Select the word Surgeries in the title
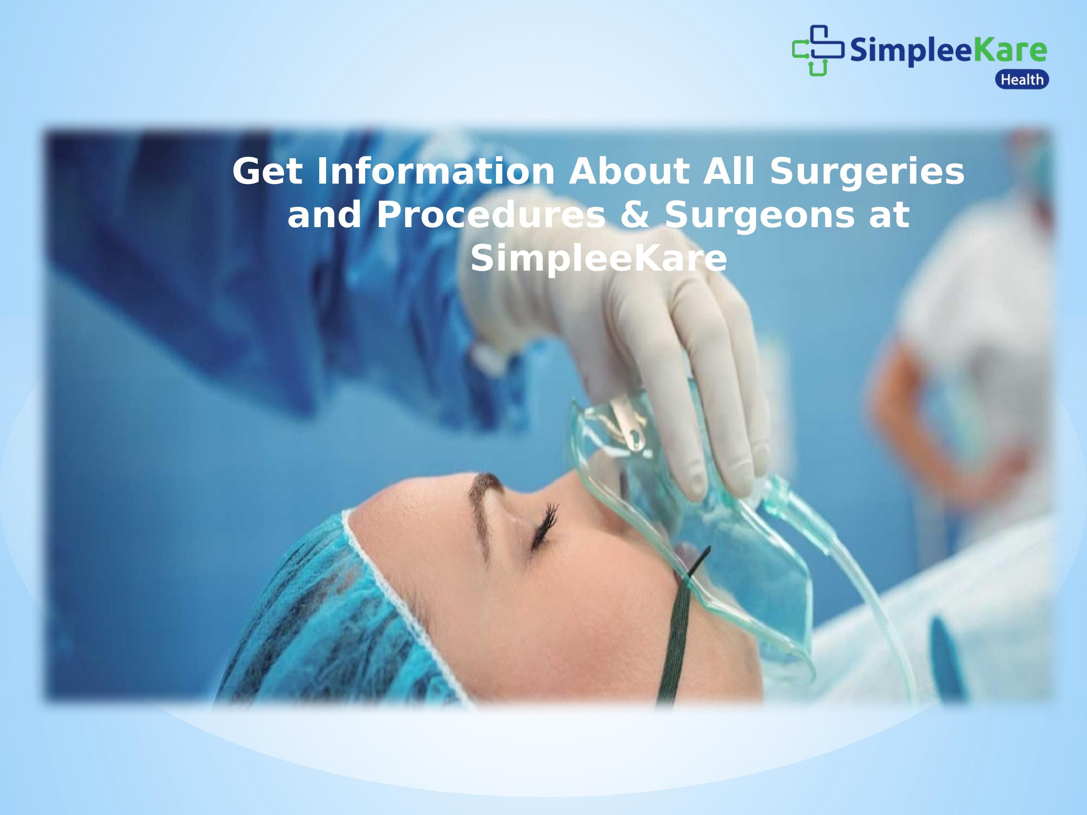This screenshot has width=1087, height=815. click(867, 172)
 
